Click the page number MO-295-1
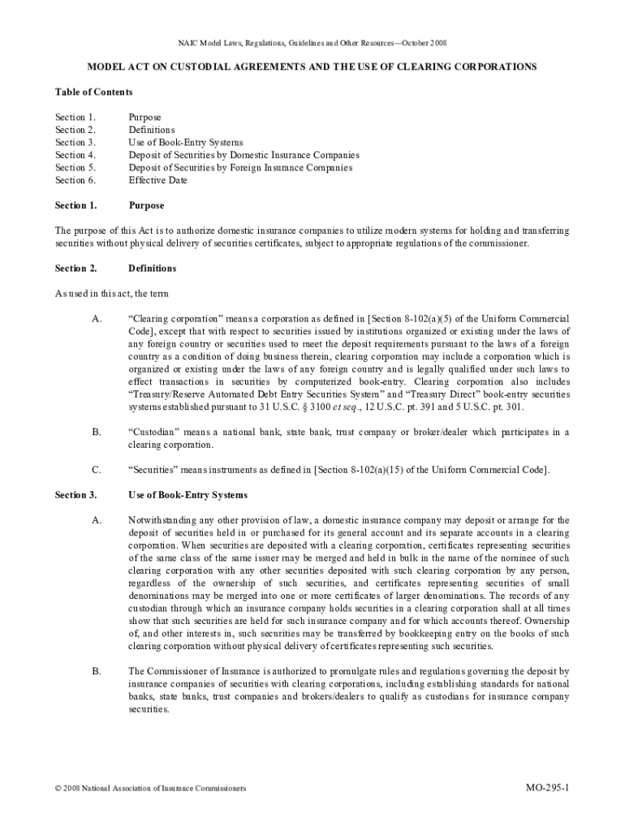tap(547, 787)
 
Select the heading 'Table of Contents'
tap(93, 92)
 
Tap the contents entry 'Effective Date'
tap(157, 180)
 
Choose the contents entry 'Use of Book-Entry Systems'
tap(185, 142)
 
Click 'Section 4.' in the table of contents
tap(75, 155)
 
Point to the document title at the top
tap(312, 67)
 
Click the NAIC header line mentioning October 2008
tap(312, 42)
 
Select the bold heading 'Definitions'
tap(152, 268)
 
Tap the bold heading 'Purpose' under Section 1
tap(146, 205)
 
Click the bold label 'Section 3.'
tap(76, 494)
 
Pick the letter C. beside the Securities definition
tap(97, 469)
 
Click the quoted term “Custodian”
tap(155, 432)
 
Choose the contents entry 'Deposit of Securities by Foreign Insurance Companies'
tap(240, 168)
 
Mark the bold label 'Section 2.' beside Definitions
tap(76, 268)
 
